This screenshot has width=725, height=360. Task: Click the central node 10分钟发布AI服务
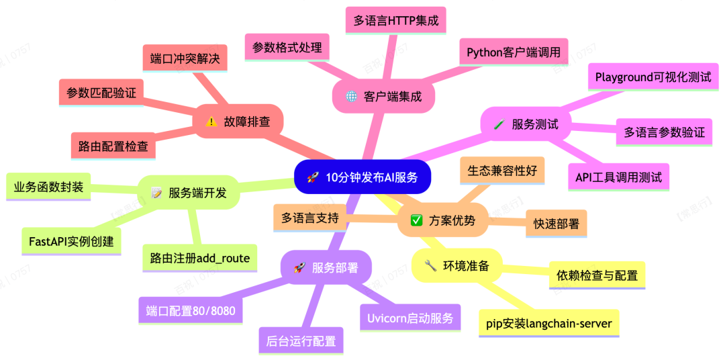[x=362, y=177]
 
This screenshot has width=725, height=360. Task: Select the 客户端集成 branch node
[x=384, y=97]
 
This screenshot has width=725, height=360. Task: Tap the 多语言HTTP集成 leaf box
[x=395, y=21]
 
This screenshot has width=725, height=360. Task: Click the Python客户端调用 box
[x=514, y=52]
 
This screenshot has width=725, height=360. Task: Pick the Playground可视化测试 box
[x=653, y=77]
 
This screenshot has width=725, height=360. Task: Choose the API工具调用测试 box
[x=618, y=177]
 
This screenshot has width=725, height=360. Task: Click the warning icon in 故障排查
[x=211, y=122]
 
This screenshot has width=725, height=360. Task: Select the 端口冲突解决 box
[x=185, y=58]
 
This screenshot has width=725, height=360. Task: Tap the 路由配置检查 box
[x=113, y=146]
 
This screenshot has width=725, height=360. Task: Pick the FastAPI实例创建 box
[x=71, y=240]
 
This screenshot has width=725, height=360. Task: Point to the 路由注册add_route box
[x=200, y=258]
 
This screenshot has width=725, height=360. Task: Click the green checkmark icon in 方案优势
[x=416, y=220]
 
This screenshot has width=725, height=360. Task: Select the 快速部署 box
[x=556, y=224]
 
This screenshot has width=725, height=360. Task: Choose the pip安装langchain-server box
[x=549, y=323]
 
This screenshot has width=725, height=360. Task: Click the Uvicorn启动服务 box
[x=410, y=318]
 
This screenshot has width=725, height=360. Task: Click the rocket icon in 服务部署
[x=299, y=268]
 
